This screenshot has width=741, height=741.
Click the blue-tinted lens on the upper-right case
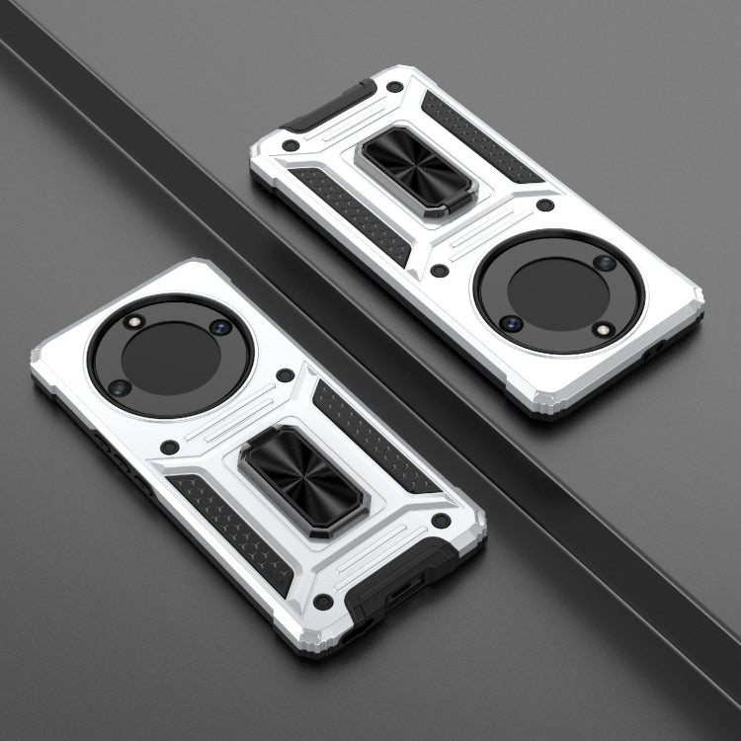click(510, 323)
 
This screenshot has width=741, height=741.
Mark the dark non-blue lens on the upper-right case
click(605, 263)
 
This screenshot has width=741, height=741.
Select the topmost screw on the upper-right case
click(394, 87)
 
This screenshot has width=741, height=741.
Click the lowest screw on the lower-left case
click(322, 600)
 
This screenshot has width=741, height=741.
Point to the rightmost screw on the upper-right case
click(545, 206)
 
